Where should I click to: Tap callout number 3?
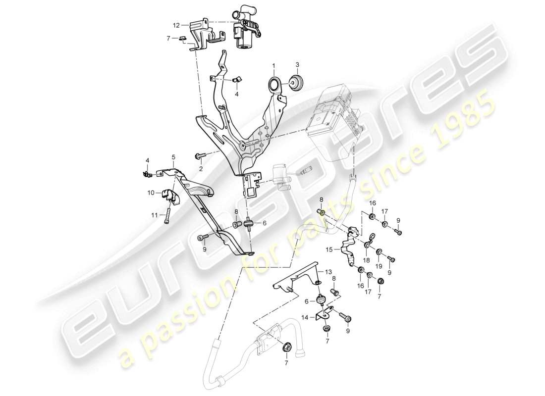297,65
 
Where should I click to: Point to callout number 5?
173,157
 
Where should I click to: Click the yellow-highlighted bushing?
322,213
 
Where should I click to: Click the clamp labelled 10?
170,196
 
